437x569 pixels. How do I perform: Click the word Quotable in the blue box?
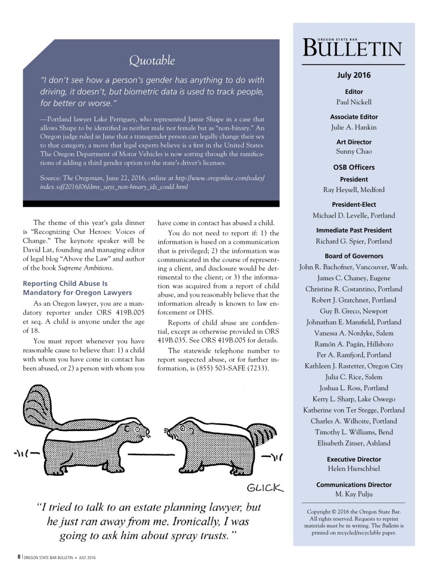click(152, 61)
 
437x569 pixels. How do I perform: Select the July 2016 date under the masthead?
click(354, 75)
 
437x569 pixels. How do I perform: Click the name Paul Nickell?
click(354, 102)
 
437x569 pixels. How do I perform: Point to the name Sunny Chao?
click(354, 152)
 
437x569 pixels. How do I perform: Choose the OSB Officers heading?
click(354, 167)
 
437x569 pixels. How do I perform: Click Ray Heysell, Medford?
click(354, 190)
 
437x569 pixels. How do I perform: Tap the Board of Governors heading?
click(354, 256)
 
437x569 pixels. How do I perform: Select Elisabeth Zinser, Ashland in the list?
click(354, 443)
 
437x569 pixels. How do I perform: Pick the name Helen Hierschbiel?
click(354, 469)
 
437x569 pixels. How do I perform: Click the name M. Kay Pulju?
click(354, 495)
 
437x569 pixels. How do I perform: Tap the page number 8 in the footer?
click(19, 557)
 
